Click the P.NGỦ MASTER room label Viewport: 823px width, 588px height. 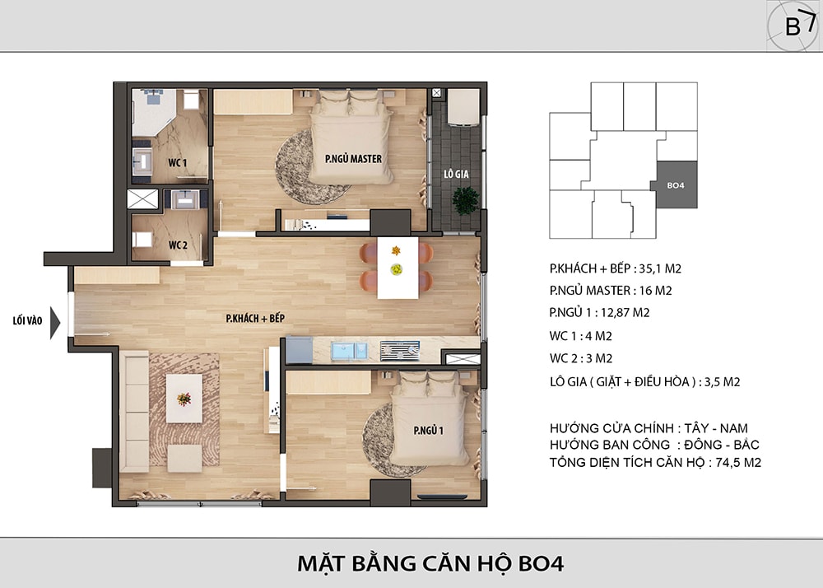pyautogui.click(x=353, y=159)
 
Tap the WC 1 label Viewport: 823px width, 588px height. pyautogui.click(x=178, y=163)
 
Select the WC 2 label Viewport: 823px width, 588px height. pyautogui.click(x=178, y=245)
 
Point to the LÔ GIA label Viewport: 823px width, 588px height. pyautogui.click(x=456, y=174)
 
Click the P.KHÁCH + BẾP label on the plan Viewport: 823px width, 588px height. pyautogui.click(x=255, y=318)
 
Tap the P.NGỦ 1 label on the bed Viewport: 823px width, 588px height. pyautogui.click(x=428, y=431)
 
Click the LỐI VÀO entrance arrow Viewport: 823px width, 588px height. pyautogui.click(x=55, y=322)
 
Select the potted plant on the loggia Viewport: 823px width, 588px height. pyautogui.click(x=466, y=201)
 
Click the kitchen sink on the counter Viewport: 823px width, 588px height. pyautogui.click(x=349, y=351)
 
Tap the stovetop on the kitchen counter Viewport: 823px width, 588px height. pyautogui.click(x=399, y=351)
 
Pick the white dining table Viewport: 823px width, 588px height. pyautogui.click(x=398, y=268)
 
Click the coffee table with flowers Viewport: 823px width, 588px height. pyautogui.click(x=184, y=399)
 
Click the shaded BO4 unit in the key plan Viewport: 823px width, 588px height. pyautogui.click(x=675, y=184)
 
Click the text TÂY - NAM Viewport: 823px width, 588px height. pyautogui.click(x=716, y=428)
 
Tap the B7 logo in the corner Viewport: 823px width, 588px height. pyautogui.click(x=793, y=26)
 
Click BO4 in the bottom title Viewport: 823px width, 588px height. pyautogui.click(x=542, y=564)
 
